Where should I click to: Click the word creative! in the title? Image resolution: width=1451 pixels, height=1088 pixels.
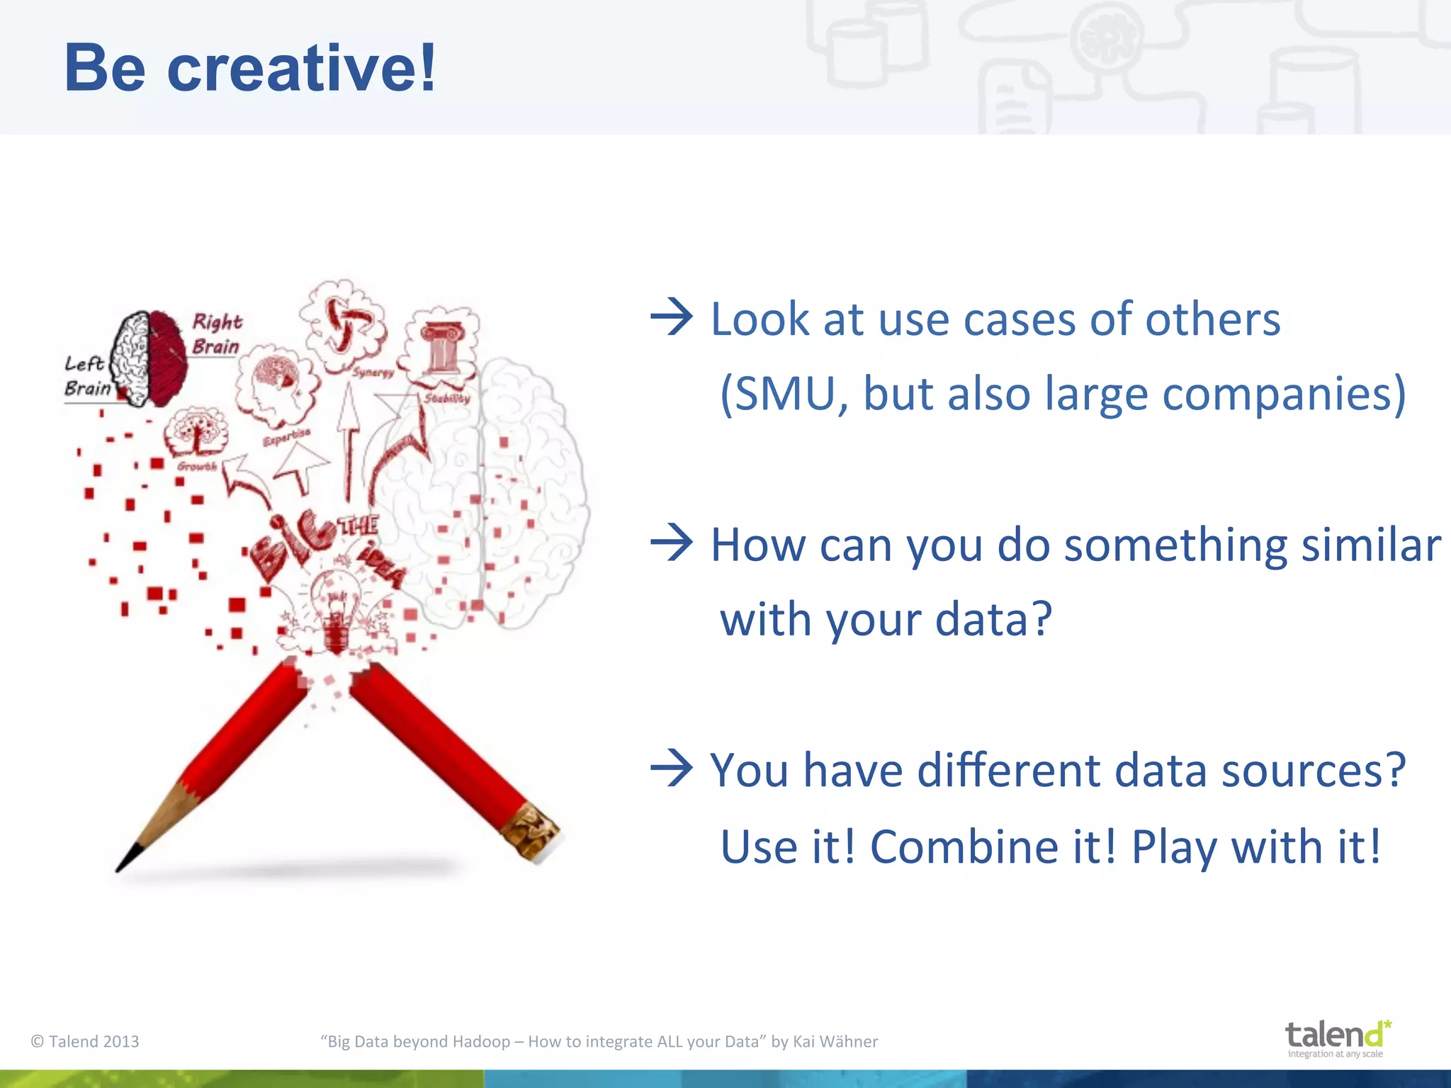[301, 69]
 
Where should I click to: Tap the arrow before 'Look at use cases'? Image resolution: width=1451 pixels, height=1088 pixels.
[670, 317]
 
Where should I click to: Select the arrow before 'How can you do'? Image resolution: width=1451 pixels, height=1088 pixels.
[670, 543]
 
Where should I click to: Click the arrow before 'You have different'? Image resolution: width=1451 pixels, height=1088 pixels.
[670, 769]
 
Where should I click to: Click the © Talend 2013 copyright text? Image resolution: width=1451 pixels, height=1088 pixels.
[85, 1041]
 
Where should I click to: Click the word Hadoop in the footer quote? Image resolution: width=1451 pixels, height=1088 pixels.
[481, 1041]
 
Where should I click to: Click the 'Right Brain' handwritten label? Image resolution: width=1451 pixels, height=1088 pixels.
[216, 334]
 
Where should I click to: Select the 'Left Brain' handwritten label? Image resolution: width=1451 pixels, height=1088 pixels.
[86, 376]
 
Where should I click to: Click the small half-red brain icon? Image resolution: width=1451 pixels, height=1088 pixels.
[150, 358]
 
